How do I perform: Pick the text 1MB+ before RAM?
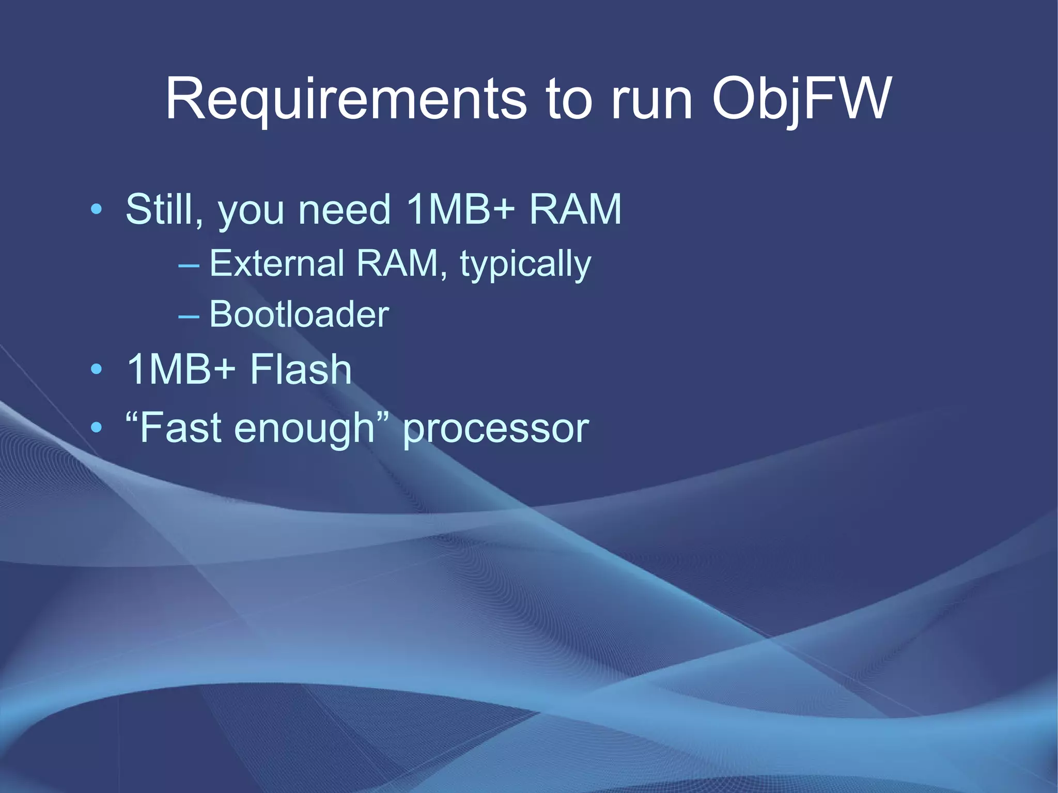pyautogui.click(x=461, y=209)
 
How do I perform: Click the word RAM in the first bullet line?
pyautogui.click(x=575, y=209)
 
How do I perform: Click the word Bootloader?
pyautogui.click(x=299, y=314)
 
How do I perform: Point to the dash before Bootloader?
pyautogui.click(x=189, y=316)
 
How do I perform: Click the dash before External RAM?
pyautogui.click(x=189, y=266)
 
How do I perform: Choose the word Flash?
pyautogui.click(x=301, y=369)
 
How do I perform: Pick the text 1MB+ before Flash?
pyautogui.click(x=181, y=369)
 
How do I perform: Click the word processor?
pyautogui.click(x=495, y=430)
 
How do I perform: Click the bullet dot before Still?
pyautogui.click(x=96, y=210)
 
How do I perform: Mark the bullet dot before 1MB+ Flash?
pyautogui.click(x=96, y=370)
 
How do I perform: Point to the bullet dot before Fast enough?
pyautogui.click(x=96, y=428)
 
